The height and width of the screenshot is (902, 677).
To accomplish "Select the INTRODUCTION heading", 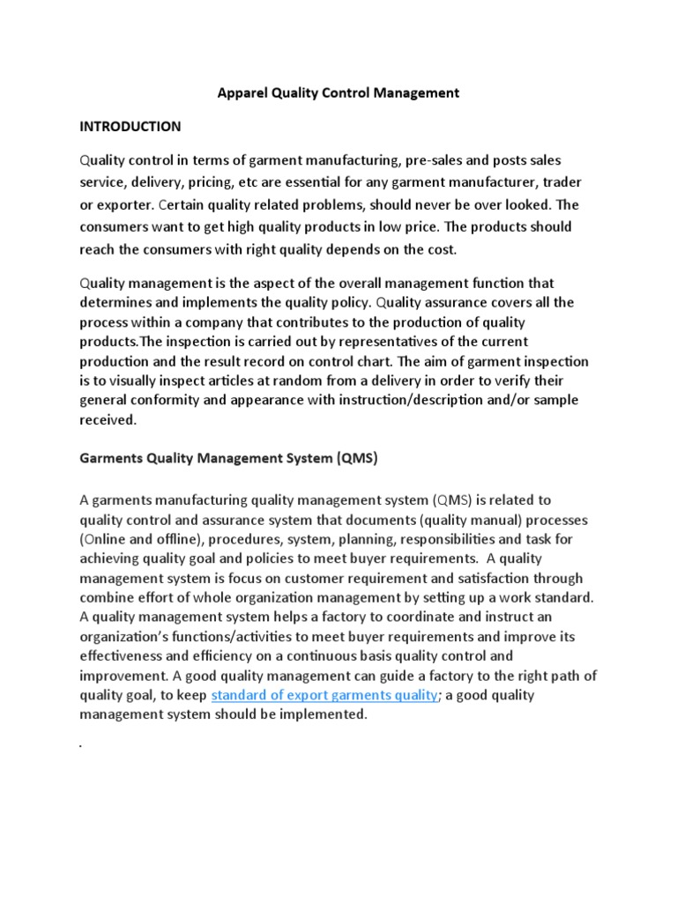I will [x=130, y=126].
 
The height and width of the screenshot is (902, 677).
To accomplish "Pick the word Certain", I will [x=186, y=204].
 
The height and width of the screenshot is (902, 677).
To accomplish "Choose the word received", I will [x=108, y=420].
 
